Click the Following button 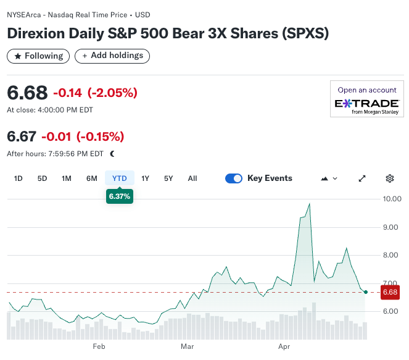38,56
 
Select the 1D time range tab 19,178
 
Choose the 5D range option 42,178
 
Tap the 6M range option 91,178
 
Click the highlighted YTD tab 119,178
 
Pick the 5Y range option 168,178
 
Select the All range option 192,178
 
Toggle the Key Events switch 234,178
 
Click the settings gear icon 390,178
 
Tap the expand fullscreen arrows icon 362,178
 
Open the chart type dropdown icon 329,178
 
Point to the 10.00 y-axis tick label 392,199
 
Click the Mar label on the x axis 187,346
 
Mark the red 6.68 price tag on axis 390,292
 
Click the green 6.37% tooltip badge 120,196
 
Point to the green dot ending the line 366,292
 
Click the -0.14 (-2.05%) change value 95,93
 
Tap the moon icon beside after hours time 112,154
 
